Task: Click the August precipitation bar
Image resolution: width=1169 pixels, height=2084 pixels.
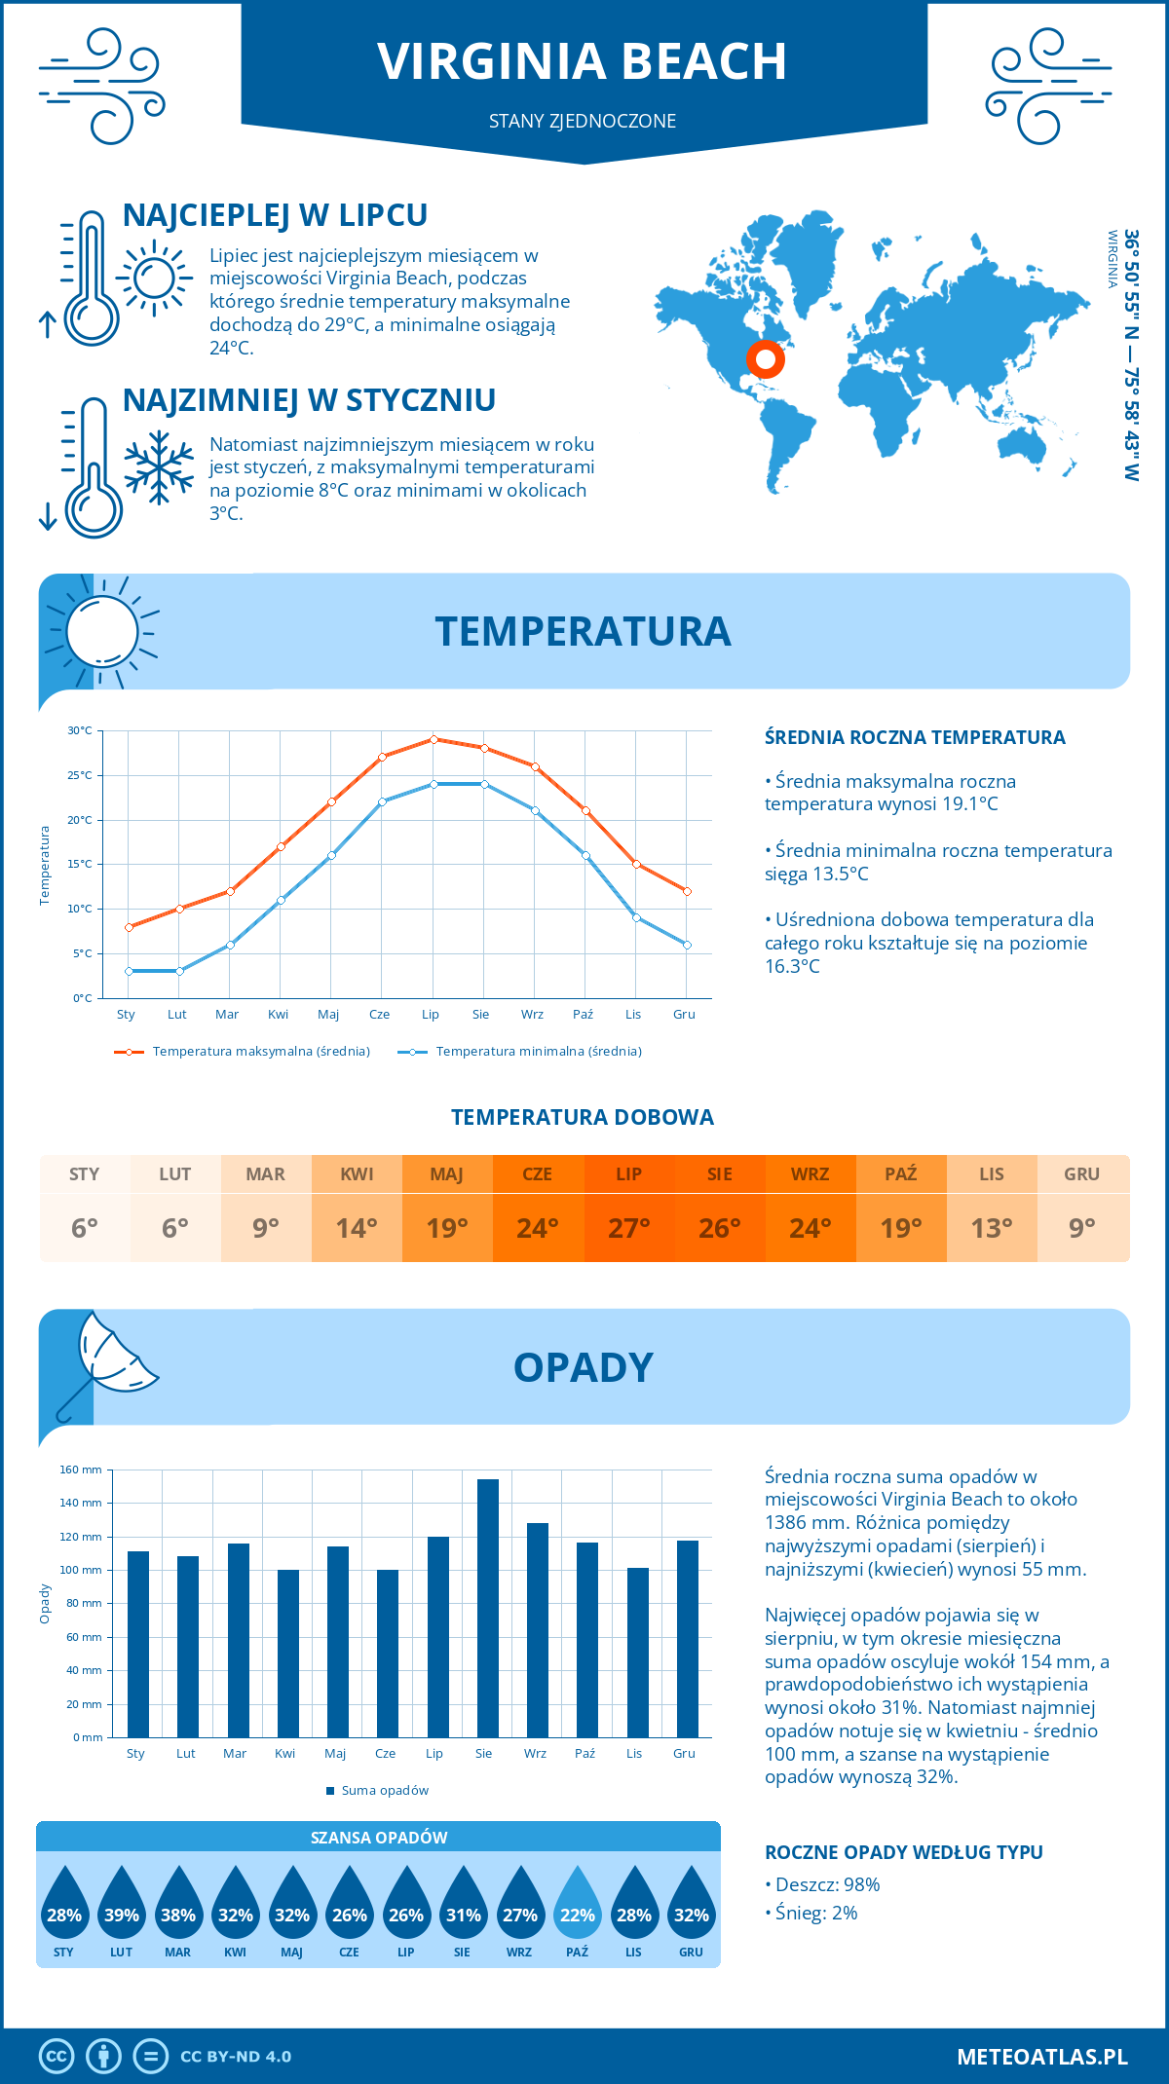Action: pos(488,1608)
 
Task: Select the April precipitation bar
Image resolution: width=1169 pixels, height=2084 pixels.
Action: pos(288,1653)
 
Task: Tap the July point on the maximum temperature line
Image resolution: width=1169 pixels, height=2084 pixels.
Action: pos(434,739)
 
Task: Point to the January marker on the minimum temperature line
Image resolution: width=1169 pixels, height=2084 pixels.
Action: pos(129,971)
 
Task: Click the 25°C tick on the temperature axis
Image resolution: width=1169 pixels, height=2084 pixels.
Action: pos(80,775)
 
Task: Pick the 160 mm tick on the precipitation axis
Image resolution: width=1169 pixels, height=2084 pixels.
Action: pos(81,1470)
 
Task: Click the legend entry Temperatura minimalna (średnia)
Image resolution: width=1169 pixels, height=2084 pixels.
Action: pos(538,1052)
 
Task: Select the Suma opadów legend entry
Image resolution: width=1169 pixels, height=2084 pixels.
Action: pos(385,1790)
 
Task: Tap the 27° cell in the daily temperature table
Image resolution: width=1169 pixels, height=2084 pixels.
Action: pos(628,1228)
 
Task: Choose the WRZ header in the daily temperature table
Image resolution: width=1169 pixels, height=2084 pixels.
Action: pos(810,1173)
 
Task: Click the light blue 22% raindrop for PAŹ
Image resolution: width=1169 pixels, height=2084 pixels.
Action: pos(577,1905)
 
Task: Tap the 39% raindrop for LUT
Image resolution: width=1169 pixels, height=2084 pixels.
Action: pos(121,1905)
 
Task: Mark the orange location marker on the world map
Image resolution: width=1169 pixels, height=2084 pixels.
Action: pos(766,359)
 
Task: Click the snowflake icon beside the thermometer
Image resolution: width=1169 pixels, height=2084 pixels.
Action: pos(159,467)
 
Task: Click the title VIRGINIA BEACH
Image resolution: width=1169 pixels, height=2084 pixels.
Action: pos(582,61)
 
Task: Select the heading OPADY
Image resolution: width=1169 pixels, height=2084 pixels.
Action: pos(583,1367)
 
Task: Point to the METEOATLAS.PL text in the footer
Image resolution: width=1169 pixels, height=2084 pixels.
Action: pos(1041,2056)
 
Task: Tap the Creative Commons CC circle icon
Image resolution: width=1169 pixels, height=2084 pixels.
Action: pos(57,2056)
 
